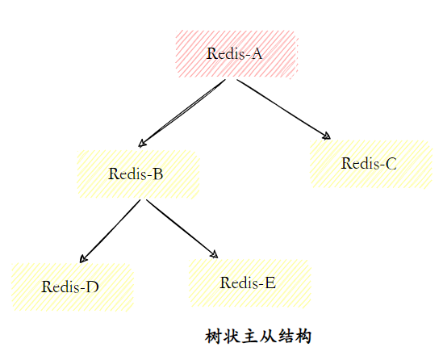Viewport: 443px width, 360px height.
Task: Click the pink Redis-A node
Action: click(x=236, y=54)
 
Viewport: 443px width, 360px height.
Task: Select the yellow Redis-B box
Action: click(x=138, y=173)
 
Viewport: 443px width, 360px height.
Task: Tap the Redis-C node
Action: click(x=370, y=163)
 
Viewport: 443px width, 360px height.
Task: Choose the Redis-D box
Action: click(x=71, y=287)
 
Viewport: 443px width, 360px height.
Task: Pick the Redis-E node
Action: click(x=249, y=283)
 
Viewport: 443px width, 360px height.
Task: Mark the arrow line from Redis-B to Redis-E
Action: click(x=182, y=228)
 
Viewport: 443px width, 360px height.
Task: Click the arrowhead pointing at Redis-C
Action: click(x=327, y=137)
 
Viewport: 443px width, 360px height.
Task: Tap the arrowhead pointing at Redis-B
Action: click(x=142, y=144)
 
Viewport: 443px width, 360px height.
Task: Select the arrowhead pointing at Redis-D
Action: click(x=83, y=260)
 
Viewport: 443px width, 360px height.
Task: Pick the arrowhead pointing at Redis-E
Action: click(x=214, y=254)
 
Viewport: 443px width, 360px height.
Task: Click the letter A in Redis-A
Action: click(x=257, y=54)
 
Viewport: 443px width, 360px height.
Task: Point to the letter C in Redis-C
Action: click(x=391, y=163)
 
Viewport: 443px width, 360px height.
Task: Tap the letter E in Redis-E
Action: click(x=270, y=283)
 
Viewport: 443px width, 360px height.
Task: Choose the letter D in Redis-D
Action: click(x=93, y=287)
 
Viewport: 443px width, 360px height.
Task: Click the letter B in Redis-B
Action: click(x=159, y=173)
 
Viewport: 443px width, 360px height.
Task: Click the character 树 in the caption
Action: click(x=214, y=336)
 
